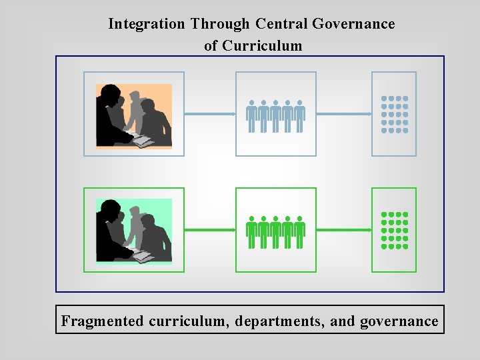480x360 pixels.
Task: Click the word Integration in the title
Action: click(147, 24)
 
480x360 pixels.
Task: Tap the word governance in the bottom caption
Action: click(399, 321)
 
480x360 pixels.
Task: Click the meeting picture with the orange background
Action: click(134, 115)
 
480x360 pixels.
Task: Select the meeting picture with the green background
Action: click(134, 230)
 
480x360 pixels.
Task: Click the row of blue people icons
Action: click(275, 115)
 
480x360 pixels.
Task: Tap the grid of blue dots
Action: click(394, 114)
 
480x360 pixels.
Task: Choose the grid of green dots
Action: click(394, 230)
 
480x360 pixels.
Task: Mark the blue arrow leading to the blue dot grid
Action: click(343, 114)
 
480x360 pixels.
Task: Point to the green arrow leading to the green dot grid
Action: click(343, 230)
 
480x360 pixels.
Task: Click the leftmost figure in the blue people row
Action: click(251, 115)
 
